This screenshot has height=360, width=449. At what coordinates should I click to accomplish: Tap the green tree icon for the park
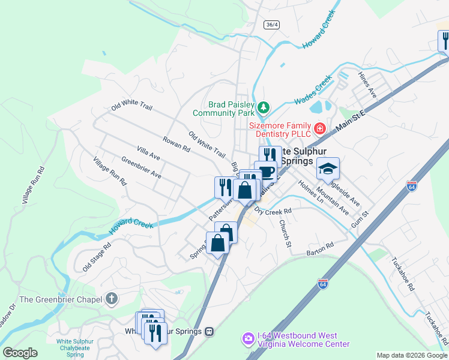coord(263,108)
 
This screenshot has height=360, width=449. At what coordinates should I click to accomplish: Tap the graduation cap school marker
coord(328,170)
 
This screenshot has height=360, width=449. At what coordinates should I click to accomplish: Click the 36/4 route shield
coord(271,23)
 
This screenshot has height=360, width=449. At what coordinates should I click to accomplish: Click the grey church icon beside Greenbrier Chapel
coord(111,298)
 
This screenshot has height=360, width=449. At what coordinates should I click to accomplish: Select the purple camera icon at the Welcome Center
coord(248,340)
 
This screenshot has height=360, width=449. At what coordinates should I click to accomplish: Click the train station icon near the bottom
coord(209,331)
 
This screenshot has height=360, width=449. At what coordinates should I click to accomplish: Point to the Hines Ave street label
coord(367,85)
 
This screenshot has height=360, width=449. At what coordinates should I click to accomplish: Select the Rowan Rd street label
coord(176,143)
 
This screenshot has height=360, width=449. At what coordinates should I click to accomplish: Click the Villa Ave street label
coord(148,153)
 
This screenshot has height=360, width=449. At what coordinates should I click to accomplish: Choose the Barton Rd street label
coord(319,248)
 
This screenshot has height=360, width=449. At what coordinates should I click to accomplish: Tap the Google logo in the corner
coord(20,353)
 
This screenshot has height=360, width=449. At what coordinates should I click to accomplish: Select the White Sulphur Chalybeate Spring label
coord(75,348)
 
